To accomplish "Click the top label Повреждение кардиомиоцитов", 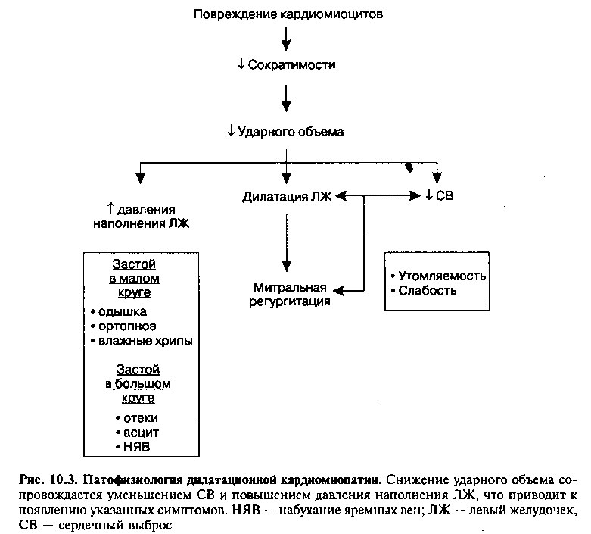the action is coord(288,14).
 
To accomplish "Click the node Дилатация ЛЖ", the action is coord(287,197).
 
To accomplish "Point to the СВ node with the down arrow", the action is coord(440,195).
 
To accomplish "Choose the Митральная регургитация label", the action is coord(290,295).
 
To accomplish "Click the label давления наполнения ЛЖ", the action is coord(142,216).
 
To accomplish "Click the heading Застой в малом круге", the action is coord(134,279).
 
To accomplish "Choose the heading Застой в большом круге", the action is coord(138,383).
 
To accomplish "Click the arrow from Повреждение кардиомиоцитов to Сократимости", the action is coord(287,39).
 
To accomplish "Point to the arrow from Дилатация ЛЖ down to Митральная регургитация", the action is coord(287,242).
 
